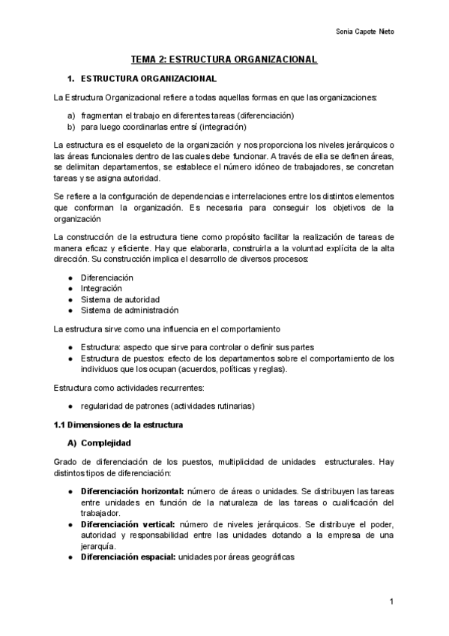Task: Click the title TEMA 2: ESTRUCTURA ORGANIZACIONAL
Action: tap(224, 59)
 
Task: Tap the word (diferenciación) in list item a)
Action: tap(262, 115)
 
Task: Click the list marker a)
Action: tap(71, 115)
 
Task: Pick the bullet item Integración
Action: tap(102, 288)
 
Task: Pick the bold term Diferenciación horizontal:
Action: tap(132, 490)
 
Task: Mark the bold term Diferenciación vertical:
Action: tap(127, 523)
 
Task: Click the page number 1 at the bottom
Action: tap(391, 602)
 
